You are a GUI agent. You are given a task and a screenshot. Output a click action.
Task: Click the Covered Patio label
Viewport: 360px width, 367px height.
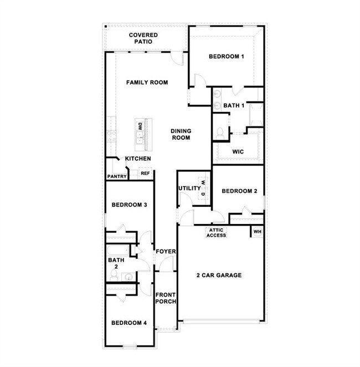(144, 38)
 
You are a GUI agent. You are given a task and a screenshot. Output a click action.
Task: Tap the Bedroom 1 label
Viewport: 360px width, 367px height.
(226, 57)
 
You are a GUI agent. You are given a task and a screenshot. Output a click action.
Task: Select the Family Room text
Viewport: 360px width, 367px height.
(147, 83)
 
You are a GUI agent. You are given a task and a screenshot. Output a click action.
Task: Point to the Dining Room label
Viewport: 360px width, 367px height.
(181, 134)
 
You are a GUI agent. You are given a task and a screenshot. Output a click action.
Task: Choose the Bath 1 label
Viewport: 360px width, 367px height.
(234, 105)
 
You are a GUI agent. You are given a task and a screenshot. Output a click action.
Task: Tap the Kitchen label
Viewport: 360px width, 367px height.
(138, 159)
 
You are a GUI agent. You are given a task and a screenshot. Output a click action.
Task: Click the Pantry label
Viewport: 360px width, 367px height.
(117, 177)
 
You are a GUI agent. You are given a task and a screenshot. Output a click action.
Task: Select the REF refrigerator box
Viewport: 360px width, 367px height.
(145, 174)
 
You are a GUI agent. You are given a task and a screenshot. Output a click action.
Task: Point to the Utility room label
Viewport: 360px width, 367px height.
(189, 188)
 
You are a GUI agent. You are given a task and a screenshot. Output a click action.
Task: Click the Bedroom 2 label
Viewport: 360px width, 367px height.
(239, 191)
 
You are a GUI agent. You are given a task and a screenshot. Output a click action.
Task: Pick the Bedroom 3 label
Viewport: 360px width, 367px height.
(129, 205)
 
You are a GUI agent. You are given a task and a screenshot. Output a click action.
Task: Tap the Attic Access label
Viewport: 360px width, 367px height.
(217, 233)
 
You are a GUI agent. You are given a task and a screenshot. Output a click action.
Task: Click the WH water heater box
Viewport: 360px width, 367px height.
(258, 231)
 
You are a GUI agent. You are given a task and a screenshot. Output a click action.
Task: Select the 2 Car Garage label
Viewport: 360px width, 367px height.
(219, 275)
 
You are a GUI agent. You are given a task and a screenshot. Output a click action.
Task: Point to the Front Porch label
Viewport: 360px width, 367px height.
(166, 298)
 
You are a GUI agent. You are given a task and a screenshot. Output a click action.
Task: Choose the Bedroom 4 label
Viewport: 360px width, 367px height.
(128, 323)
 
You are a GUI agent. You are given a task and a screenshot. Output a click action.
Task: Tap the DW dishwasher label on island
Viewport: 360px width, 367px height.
(140, 126)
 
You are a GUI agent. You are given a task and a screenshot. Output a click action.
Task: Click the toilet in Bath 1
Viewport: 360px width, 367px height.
(220, 132)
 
